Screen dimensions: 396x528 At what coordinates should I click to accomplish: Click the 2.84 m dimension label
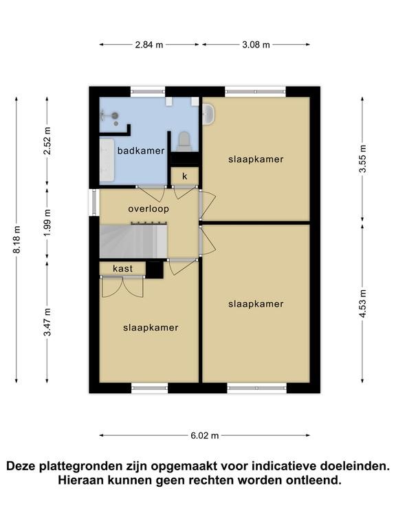[148, 45]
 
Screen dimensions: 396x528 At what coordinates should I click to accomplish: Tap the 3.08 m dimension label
[256, 45]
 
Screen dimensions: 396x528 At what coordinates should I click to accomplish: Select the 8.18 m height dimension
[16, 239]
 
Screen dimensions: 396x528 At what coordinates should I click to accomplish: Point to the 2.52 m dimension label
[47, 141]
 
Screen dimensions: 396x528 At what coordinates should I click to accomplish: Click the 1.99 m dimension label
[47, 223]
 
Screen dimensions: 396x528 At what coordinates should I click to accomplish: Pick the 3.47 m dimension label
[47, 322]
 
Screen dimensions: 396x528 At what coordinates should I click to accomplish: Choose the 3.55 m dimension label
[362, 159]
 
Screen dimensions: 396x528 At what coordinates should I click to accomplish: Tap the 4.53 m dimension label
[362, 303]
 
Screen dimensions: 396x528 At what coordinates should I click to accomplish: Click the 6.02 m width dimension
[205, 435]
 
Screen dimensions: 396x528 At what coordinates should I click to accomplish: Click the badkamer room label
[141, 151]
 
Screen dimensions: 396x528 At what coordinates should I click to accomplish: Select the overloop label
[148, 209]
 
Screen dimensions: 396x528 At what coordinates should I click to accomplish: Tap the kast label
[122, 268]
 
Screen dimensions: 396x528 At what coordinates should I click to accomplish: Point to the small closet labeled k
[184, 176]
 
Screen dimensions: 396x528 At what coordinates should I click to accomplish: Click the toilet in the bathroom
[184, 142]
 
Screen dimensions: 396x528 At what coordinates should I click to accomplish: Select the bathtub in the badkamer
[107, 160]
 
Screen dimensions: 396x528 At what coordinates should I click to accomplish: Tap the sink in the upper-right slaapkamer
[208, 114]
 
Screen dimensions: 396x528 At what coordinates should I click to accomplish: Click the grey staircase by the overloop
[133, 241]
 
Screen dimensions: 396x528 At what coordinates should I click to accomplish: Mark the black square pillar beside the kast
[154, 269]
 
